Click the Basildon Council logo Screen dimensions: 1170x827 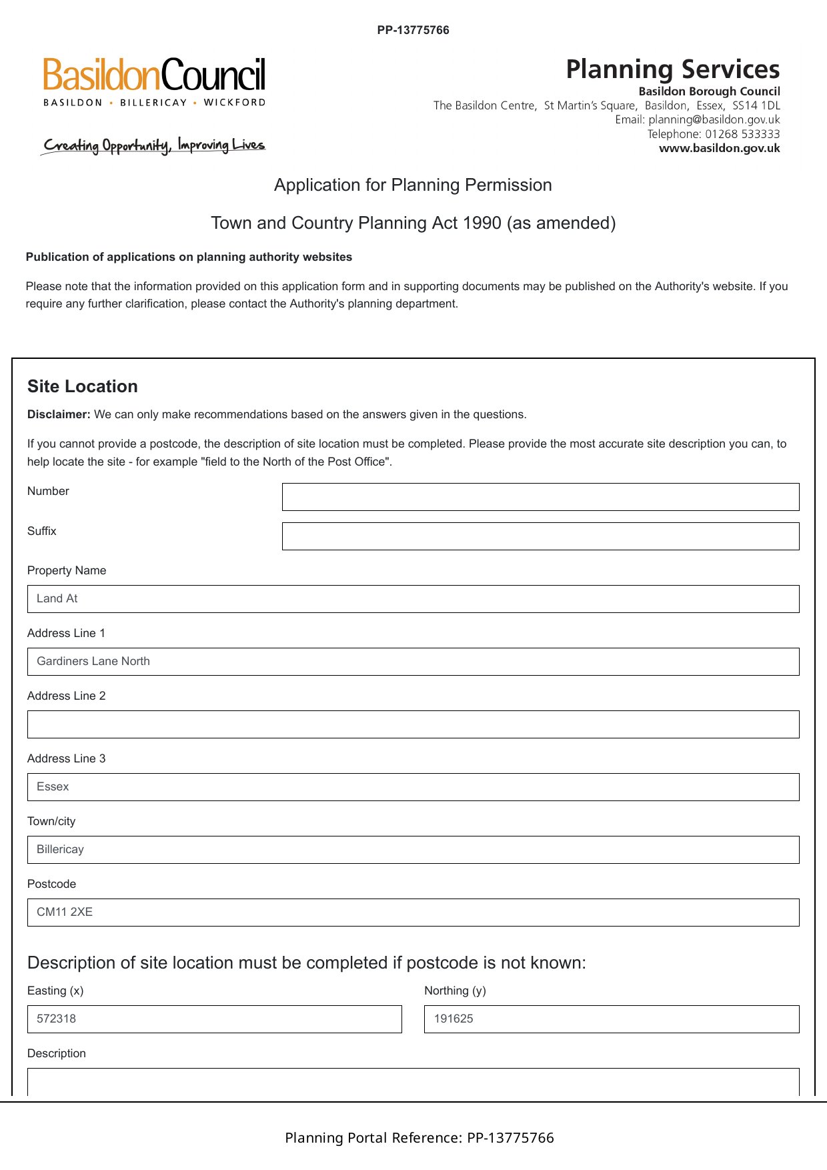tap(154, 81)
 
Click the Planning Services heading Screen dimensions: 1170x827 tap(672, 69)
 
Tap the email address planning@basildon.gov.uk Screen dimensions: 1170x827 tap(714, 120)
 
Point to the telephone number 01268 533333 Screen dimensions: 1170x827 tap(742, 134)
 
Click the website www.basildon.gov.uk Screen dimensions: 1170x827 tap(719, 148)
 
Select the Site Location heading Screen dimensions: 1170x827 tap(83, 387)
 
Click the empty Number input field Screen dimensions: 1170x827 tap(540, 497)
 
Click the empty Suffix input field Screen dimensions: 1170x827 tap(540, 536)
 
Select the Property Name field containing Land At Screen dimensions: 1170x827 tap(413, 599)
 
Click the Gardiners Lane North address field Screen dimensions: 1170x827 tap(413, 662)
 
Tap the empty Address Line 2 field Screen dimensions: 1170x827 tap(413, 724)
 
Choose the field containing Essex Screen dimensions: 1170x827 tap(413, 787)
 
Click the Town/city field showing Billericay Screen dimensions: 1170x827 tap(413, 850)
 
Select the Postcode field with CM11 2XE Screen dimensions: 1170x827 tap(413, 913)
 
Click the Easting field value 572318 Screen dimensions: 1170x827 tap(214, 1019)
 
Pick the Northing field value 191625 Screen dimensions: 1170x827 tap(611, 1019)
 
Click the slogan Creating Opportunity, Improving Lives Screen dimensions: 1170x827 tap(154, 145)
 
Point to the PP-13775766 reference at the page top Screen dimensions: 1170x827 tap(413, 30)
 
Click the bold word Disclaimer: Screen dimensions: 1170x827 tap(59, 414)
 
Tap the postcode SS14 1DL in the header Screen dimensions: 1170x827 tap(756, 105)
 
